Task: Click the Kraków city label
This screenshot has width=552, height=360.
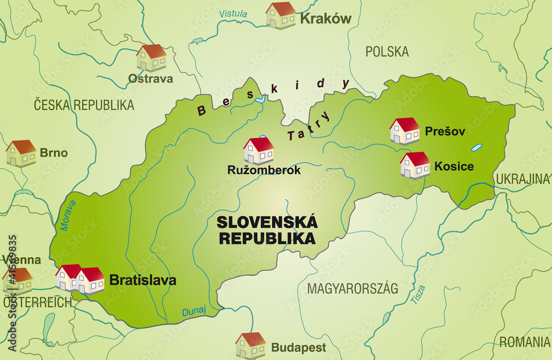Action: point(326,19)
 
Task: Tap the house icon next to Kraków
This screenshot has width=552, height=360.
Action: point(280,15)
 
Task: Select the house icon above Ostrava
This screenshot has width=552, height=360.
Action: point(151,58)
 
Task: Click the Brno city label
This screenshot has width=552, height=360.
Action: point(54,153)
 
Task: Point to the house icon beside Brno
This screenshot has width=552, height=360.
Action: point(21,153)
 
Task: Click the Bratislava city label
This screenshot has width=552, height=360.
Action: point(143,280)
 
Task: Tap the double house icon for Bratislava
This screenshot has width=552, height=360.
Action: point(81,279)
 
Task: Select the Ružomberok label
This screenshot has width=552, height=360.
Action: point(264,170)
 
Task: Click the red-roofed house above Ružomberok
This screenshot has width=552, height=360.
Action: point(258,151)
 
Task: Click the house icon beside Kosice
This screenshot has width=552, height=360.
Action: point(415,166)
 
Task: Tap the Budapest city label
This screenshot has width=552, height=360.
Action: point(298,348)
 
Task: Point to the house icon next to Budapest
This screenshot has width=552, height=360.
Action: point(251,346)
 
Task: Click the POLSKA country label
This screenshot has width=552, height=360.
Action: point(387,52)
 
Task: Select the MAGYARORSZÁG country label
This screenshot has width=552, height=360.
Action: point(352,289)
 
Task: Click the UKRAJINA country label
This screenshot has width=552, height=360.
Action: point(522,179)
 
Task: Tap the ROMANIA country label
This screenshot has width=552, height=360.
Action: point(524,342)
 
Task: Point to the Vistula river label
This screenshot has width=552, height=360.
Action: point(233,14)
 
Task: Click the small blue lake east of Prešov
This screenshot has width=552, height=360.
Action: point(476,148)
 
